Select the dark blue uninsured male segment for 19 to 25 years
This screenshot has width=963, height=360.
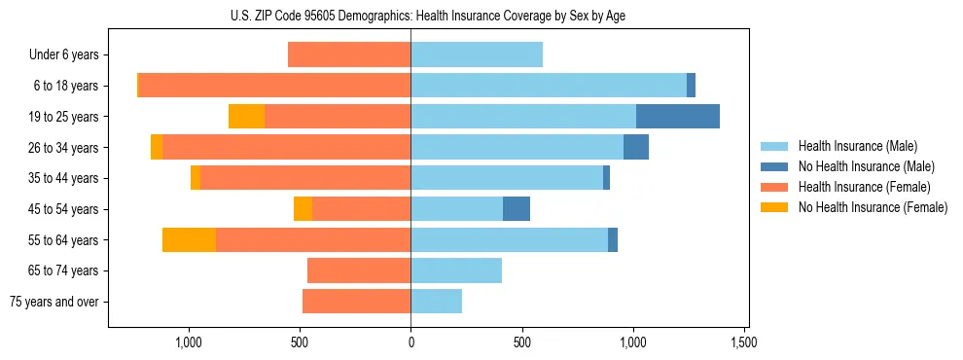(678, 117)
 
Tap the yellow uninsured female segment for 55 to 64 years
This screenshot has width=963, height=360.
(189, 239)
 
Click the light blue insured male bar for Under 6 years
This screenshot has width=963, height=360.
(477, 55)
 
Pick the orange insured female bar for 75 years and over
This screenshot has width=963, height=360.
(356, 302)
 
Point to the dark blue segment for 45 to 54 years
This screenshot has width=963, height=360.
(517, 209)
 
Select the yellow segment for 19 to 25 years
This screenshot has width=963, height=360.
(246, 117)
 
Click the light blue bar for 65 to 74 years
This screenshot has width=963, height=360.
(456, 270)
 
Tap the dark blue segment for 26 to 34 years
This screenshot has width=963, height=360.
(636, 148)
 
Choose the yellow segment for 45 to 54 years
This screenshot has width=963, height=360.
(303, 209)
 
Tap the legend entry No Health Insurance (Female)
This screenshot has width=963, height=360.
(873, 207)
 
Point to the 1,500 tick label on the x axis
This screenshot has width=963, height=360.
(744, 342)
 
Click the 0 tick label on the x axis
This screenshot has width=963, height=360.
(410, 342)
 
